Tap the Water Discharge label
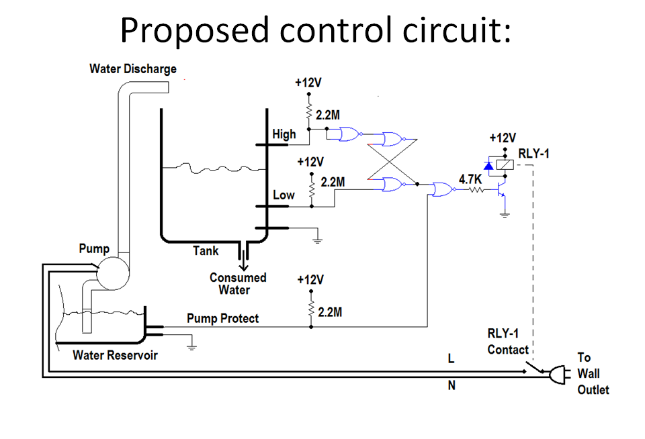click(133, 69)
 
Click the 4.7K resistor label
click(470, 179)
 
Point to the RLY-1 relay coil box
click(505, 164)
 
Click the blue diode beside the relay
click(488, 164)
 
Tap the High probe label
click(284, 134)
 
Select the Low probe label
click(284, 195)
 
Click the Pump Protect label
click(222, 318)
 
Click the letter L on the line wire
click(451, 359)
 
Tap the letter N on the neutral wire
click(451, 385)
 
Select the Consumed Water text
click(237, 284)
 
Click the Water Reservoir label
click(115, 355)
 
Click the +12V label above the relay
click(502, 138)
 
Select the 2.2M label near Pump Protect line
click(329, 312)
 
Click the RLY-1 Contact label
click(509, 342)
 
